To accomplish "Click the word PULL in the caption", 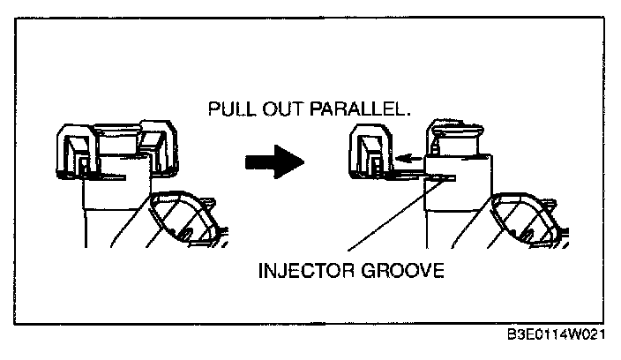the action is coord(228,110).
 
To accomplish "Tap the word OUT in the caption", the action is coord(274,110).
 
